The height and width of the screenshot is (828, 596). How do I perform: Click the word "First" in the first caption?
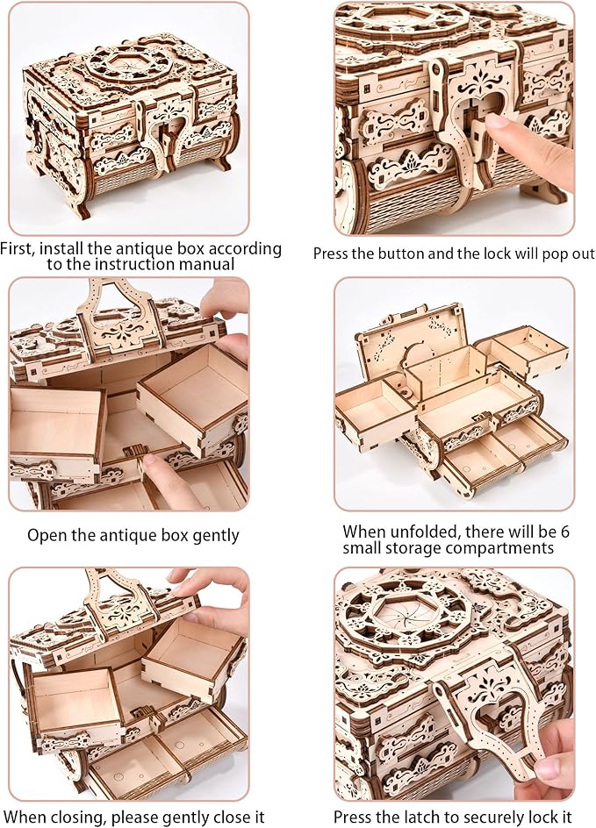tap(22, 249)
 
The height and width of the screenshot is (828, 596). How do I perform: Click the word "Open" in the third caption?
tap(45, 534)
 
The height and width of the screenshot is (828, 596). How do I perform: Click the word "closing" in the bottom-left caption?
tap(79, 817)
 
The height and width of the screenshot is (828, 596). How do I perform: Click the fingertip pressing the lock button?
tap(499, 125)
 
